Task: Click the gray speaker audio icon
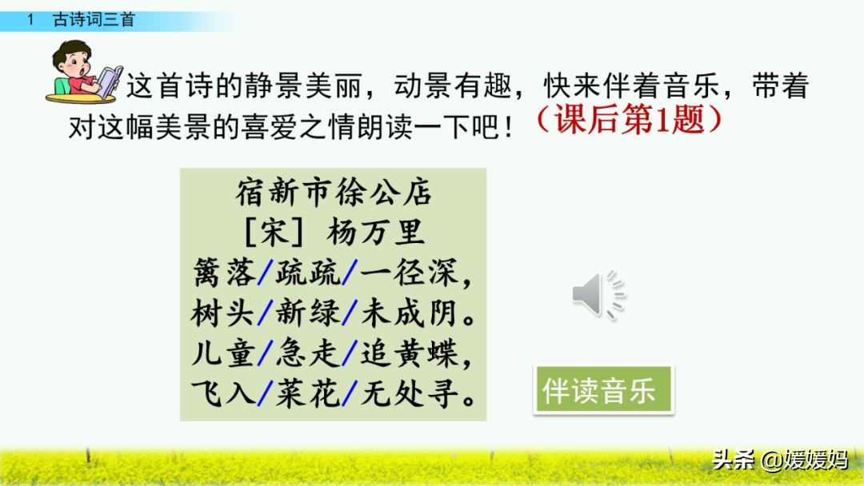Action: coord(598,294)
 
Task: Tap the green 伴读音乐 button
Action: coord(603,390)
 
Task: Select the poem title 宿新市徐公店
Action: coord(334,192)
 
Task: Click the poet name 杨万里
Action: coord(376,232)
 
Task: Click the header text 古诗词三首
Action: coord(94,20)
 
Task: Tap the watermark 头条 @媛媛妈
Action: coord(780,460)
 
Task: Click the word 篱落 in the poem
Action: coord(224,272)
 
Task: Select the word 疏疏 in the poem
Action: coord(309,272)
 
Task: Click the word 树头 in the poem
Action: coord(222,313)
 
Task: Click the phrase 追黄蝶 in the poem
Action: coord(410,353)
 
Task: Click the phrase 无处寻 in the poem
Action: coord(410,393)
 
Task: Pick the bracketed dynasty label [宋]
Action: coord(273,232)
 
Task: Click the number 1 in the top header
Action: coord(30,20)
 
